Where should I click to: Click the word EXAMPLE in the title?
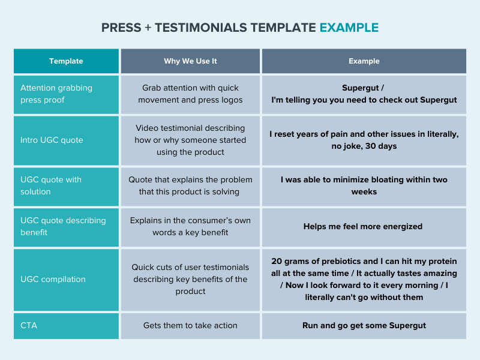pyautogui.click(x=349, y=28)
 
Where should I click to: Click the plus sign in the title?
pyautogui.click(x=148, y=28)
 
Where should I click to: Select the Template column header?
pyautogui.click(x=66, y=61)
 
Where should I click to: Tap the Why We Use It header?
pyautogui.click(x=190, y=61)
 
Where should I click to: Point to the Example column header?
pyautogui.click(x=364, y=61)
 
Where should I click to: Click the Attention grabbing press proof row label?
pyautogui.click(x=56, y=94)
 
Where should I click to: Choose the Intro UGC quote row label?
pyautogui.click(x=52, y=140)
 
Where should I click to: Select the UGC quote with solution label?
pyautogui.click(x=51, y=185)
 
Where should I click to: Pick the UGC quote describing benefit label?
pyautogui.click(x=63, y=226)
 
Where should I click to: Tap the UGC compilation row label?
pyautogui.click(x=53, y=279)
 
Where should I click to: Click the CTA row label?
pyautogui.click(x=29, y=325)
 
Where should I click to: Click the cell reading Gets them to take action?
pyautogui.click(x=190, y=325)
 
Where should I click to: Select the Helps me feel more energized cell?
pyautogui.click(x=363, y=226)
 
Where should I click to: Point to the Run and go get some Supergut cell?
pyautogui.click(x=364, y=325)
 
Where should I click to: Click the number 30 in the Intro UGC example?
pyautogui.click(x=370, y=146)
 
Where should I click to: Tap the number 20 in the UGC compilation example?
pyautogui.click(x=277, y=261)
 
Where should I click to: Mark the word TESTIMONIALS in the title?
pyautogui.click(x=201, y=28)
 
